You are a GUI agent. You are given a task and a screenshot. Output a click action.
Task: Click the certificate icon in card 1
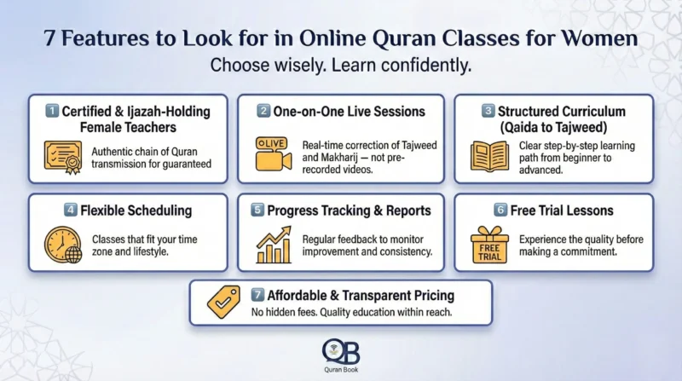coord(62,155)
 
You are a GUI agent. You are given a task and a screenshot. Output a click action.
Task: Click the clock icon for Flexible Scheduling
coord(62,244)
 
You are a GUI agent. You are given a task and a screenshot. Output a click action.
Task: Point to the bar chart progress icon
coord(273,245)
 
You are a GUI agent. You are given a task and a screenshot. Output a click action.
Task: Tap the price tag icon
coord(223,302)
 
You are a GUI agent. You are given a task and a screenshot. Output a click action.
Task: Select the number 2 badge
coord(265,111)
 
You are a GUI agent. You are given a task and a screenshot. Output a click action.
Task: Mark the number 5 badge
coord(257,210)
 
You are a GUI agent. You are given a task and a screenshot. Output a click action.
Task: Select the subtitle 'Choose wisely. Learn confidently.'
coord(341,66)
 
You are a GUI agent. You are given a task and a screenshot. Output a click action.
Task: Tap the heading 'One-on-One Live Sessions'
coord(350,111)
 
